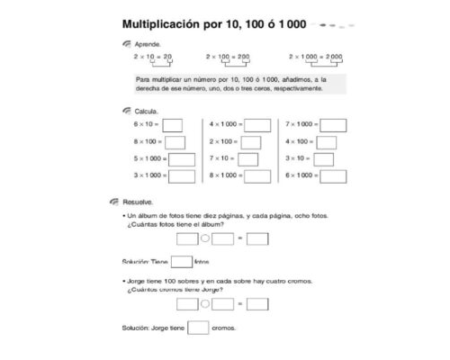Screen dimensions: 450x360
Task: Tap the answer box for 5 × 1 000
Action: coord(181,159)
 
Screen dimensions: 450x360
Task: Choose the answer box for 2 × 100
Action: coord(251,142)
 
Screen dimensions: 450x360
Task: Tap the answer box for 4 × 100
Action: coord(327,142)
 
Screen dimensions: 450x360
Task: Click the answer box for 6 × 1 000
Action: coord(333,176)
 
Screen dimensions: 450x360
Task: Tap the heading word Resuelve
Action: coord(137,202)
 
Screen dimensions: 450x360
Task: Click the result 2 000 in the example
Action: coord(332,56)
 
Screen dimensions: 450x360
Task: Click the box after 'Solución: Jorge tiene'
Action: coord(198,328)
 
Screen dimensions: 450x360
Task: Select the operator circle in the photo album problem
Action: coord(204,238)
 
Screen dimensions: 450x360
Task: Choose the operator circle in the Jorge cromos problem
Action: coord(204,304)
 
